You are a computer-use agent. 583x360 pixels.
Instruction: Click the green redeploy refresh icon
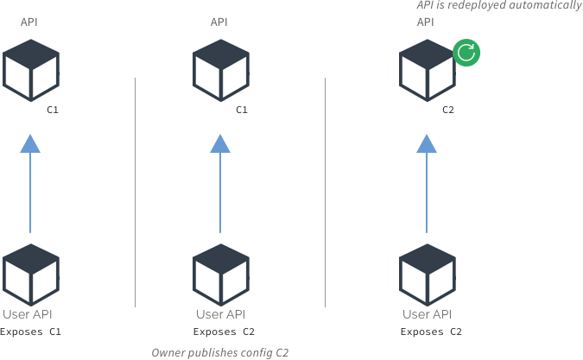[x=466, y=53]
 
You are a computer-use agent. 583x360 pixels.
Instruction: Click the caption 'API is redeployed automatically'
[x=498, y=5]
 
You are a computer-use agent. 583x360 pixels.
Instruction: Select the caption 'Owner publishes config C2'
[x=219, y=352]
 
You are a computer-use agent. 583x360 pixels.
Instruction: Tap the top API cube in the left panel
[x=30, y=70]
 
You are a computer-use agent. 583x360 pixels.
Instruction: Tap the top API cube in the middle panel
[x=220, y=70]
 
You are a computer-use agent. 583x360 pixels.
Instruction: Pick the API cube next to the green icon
[x=427, y=70]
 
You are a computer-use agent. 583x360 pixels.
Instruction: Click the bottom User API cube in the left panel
[x=30, y=275]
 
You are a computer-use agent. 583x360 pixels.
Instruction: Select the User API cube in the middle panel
[x=220, y=275]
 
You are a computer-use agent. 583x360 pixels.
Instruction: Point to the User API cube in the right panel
[x=427, y=275]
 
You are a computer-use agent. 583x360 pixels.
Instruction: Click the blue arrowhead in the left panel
[x=30, y=143]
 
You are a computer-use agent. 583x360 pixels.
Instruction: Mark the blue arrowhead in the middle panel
[x=220, y=143]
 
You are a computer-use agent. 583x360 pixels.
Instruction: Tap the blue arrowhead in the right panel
[x=427, y=143]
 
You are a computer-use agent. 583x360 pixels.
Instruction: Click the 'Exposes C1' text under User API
[x=30, y=332]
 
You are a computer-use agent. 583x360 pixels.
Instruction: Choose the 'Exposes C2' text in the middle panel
[x=223, y=332]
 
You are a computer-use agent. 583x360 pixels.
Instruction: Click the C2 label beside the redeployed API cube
[x=447, y=111]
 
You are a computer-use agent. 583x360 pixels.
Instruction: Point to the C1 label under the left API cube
[x=52, y=111]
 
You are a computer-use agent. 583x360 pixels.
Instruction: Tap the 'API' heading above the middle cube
[x=219, y=22]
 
